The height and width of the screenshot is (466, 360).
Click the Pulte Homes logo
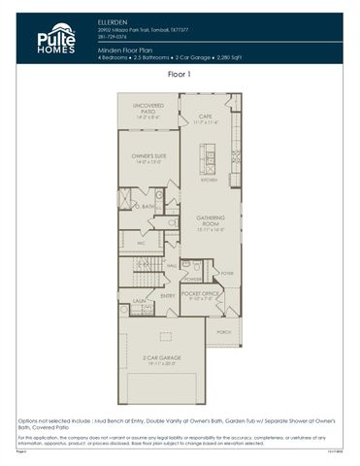(55, 38)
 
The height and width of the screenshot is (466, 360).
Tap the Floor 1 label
(180, 74)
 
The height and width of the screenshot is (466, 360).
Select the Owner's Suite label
(148, 160)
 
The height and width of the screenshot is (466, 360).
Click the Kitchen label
(208, 181)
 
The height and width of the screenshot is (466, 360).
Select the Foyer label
(226, 274)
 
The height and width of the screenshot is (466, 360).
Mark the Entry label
(168, 296)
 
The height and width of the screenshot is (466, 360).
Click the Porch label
(224, 332)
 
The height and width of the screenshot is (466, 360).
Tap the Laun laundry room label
(139, 302)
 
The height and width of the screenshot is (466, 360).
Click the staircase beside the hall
(145, 263)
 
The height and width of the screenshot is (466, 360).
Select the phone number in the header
(111, 37)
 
